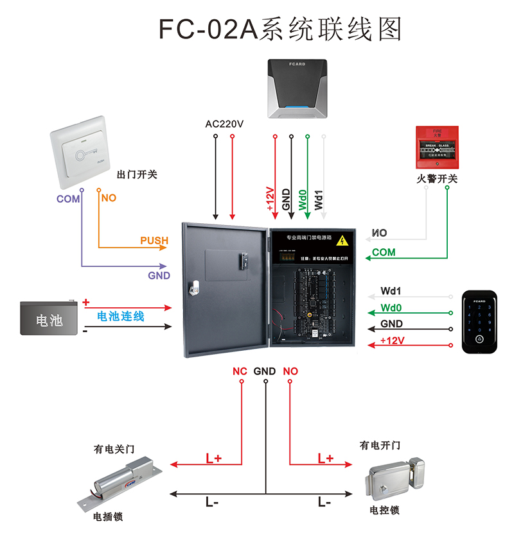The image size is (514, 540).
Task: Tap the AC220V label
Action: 224,124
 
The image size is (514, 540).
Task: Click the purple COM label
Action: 68,199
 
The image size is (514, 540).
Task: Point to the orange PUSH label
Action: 154,241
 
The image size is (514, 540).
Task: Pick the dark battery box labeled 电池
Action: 49,318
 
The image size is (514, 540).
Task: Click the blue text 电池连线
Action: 121,316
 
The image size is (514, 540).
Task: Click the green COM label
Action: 384,253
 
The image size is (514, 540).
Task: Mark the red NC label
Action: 240,371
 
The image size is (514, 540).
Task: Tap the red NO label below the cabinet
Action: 290,371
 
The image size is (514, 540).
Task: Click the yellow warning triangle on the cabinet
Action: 344,241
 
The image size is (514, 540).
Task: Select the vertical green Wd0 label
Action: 302,199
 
